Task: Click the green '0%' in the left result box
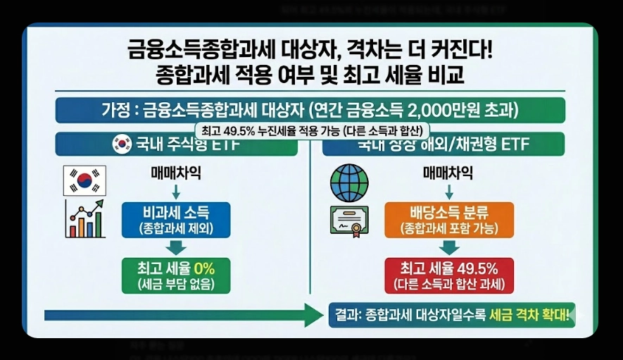[203, 268]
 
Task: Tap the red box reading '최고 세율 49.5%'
[448, 275]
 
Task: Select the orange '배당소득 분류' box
[448, 219]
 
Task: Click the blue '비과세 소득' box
[175, 219]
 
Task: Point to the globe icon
[350, 182]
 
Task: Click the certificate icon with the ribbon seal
[350, 221]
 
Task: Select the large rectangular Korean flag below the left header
[84, 180]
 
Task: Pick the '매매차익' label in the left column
[175, 173]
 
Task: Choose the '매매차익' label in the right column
[448, 173]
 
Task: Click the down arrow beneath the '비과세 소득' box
[175, 247]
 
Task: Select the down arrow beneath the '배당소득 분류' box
[448, 247]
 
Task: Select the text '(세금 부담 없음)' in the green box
[175, 285]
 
